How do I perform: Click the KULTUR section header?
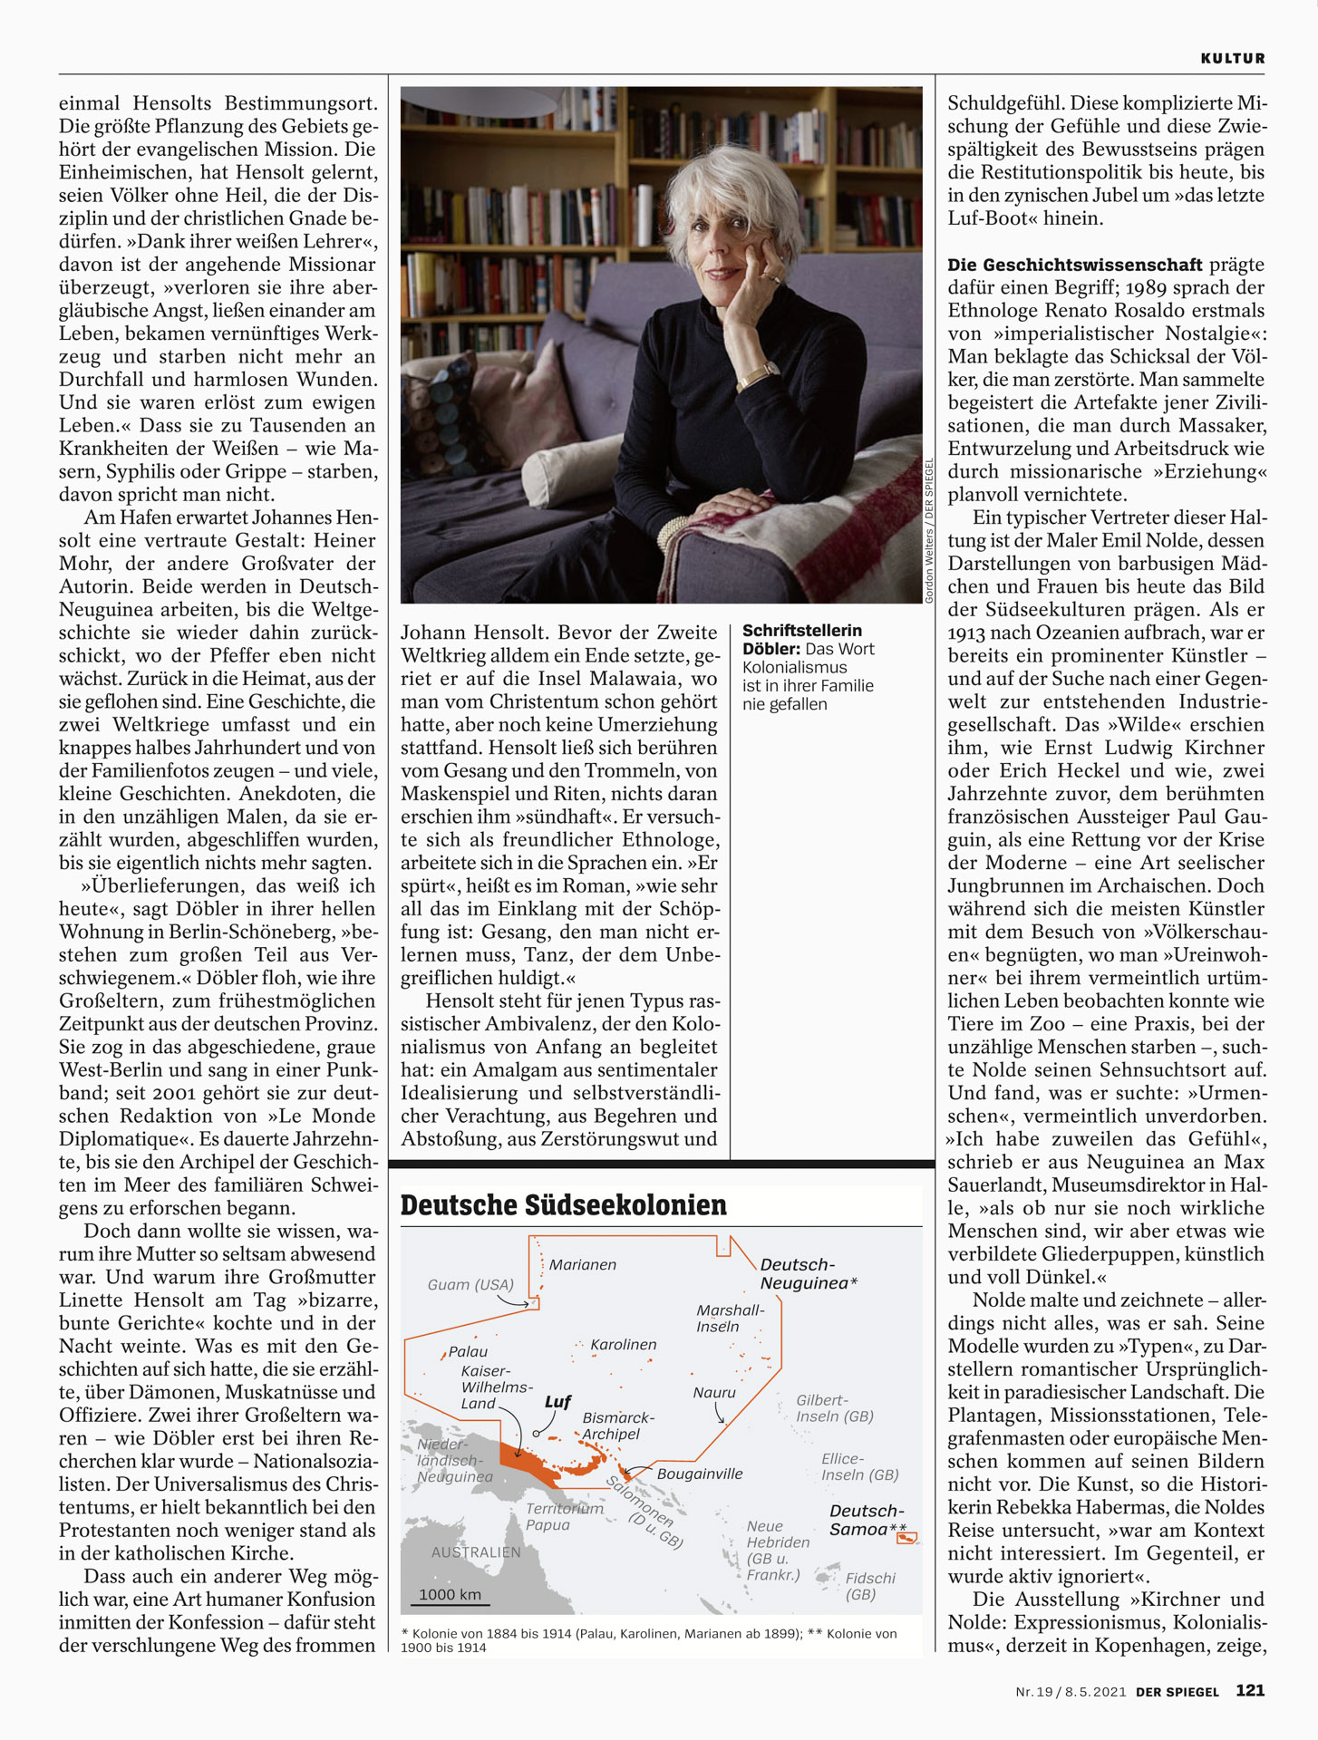[1232, 58]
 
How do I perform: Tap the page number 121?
[1250, 1690]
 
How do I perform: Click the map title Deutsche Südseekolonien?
[563, 1205]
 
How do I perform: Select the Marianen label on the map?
[583, 1264]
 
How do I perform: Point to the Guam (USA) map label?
[470, 1284]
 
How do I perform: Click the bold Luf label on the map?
[557, 1402]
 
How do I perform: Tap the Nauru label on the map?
[714, 1392]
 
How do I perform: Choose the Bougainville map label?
[699, 1474]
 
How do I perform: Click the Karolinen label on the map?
[624, 1345]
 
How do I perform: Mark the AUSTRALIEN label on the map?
[476, 1552]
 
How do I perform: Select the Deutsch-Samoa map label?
[867, 1520]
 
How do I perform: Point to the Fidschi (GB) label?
[870, 1586]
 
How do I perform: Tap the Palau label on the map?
[468, 1351]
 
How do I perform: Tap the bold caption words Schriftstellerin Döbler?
[801, 639]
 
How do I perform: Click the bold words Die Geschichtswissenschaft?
[1074, 265]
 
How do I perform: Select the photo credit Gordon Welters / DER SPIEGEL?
[929, 531]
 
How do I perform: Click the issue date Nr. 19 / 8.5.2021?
[1071, 1691]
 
